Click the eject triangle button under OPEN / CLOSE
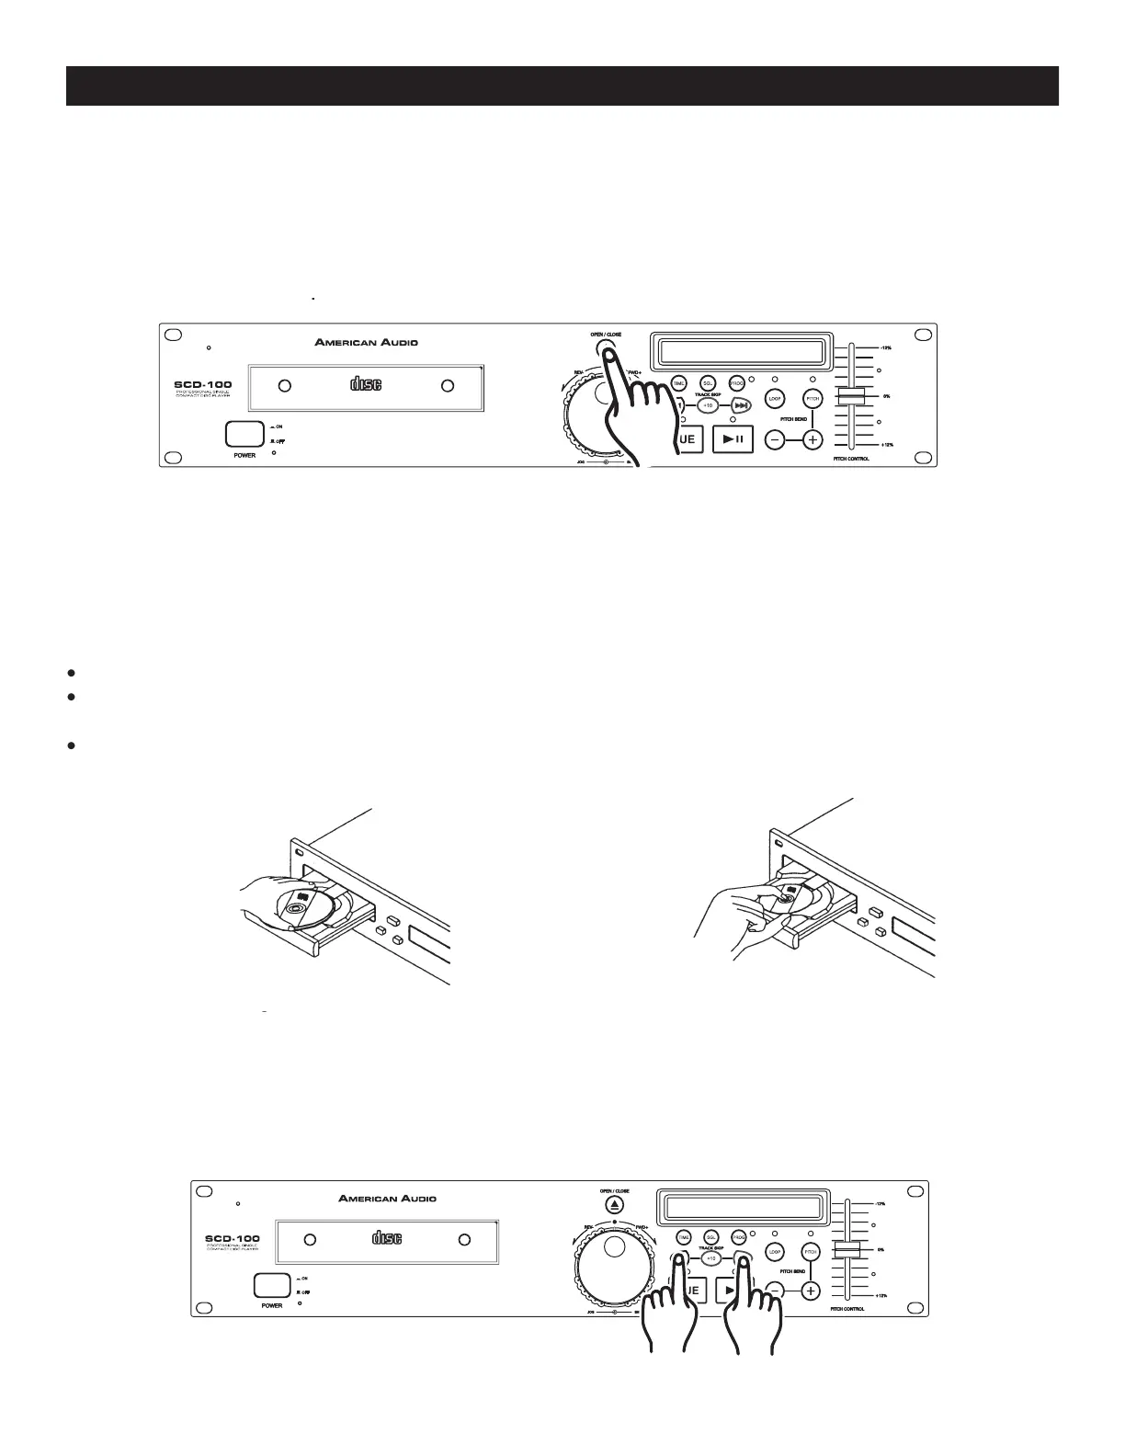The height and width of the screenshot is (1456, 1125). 615,1205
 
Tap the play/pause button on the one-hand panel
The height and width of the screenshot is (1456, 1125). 733,439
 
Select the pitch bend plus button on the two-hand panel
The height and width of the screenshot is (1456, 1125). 810,1291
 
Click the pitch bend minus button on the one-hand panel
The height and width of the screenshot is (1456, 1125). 775,440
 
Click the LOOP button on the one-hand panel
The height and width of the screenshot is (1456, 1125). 774,399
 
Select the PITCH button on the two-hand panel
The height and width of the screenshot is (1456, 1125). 810,1252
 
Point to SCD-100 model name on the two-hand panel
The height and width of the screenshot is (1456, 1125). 232,1238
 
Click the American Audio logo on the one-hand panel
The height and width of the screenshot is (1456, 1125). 366,342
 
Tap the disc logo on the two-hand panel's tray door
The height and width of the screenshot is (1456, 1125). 387,1238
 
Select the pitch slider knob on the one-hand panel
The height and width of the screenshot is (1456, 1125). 850,395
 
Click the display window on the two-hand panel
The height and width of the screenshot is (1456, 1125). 742,1208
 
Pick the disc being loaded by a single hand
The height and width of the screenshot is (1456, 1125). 305,908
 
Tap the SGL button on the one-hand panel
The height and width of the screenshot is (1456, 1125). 708,383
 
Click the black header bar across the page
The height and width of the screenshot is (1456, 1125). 562,85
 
